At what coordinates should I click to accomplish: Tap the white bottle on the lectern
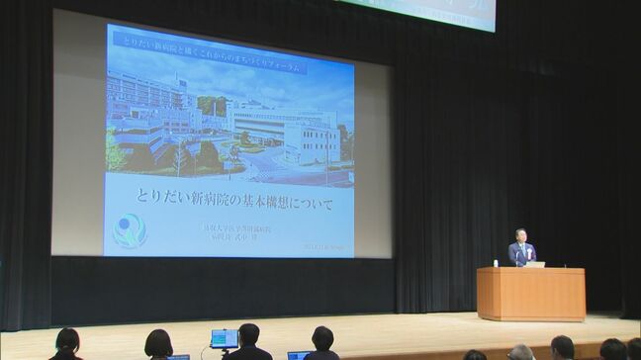(496, 263)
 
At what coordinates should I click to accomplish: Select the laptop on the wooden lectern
(535, 264)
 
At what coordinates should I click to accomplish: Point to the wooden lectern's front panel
(531, 294)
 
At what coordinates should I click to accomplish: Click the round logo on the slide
(130, 230)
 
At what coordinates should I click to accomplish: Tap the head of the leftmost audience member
(66, 340)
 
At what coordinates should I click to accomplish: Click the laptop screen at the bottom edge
(299, 355)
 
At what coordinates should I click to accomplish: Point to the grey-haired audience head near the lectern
(520, 352)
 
